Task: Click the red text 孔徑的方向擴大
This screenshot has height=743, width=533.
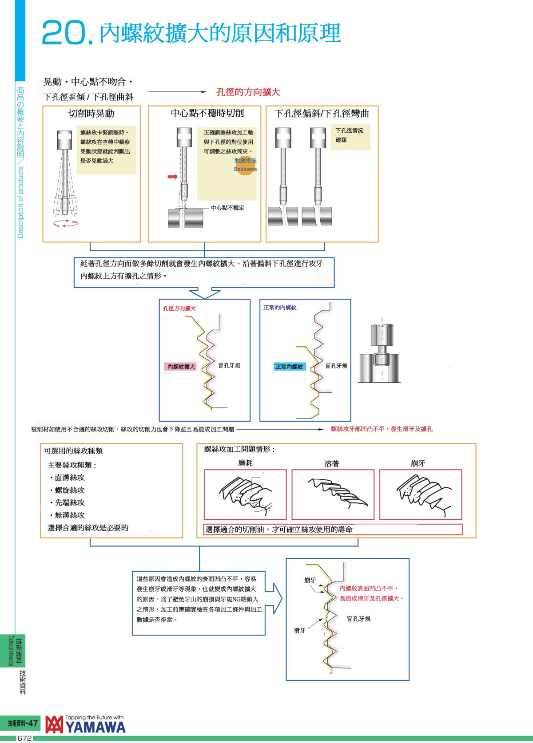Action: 248,92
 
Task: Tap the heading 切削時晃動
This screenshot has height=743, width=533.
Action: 91,114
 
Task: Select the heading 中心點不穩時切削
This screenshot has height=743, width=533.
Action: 207,113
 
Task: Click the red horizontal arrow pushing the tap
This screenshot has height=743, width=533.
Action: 172,177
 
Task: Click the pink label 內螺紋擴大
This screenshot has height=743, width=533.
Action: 181,367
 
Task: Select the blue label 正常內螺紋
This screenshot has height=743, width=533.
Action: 289,367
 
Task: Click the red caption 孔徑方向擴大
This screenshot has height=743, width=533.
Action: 179,308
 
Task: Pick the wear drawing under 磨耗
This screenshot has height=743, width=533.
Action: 245,494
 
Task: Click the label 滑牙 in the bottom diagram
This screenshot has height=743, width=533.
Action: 300,630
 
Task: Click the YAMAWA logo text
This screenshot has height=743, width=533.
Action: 95,727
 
